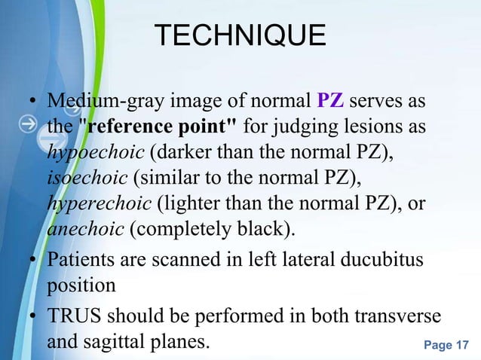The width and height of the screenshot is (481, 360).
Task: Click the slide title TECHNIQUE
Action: (240, 36)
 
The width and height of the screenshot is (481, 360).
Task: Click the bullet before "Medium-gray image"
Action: (33, 102)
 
